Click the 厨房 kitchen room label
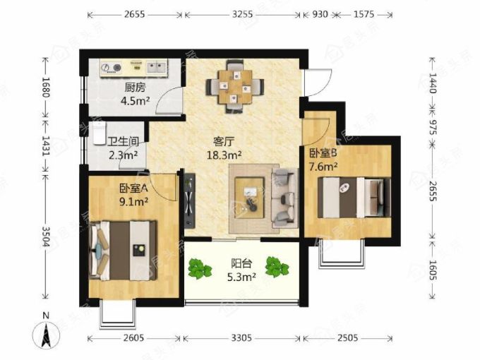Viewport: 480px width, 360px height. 135,88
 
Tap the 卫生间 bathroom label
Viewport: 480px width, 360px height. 123,142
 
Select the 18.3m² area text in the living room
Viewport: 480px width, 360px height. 224,155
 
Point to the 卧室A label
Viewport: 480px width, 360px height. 134,188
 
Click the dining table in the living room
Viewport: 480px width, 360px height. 235,87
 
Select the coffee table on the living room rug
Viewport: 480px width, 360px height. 249,198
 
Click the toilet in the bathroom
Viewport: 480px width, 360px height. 98,133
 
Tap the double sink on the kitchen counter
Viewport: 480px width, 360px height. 157,67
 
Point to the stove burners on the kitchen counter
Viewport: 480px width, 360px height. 112,67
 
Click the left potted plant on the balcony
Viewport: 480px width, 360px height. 199,269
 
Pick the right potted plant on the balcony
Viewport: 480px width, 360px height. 277,267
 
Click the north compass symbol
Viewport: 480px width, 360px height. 46,332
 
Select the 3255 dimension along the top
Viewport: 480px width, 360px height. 242,14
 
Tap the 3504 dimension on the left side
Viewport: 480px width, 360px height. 45,236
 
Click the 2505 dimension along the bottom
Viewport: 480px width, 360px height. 348,338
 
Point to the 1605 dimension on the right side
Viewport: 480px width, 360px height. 432,270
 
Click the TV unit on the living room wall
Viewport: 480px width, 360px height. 190,200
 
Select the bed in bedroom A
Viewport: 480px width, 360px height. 123,251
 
